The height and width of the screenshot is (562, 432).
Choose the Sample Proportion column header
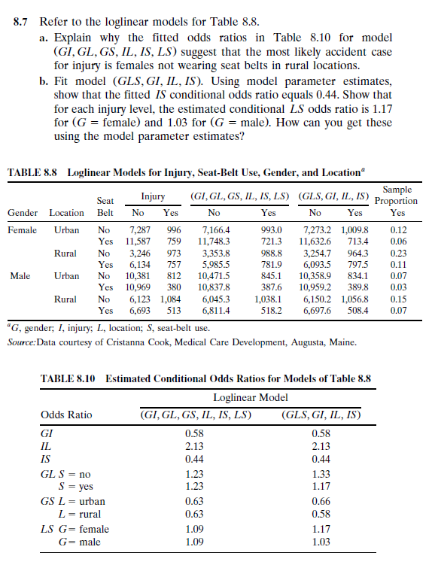pyautogui.click(x=397, y=199)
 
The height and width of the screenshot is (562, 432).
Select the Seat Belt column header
pyautogui.click(x=105, y=206)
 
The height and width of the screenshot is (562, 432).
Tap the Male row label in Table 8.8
pyautogui.click(x=19, y=275)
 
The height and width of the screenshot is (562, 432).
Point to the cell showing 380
pyautogui.click(x=173, y=287)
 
